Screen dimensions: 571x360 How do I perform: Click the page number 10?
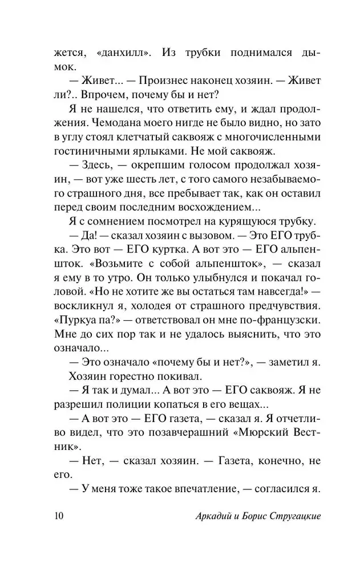57,516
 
